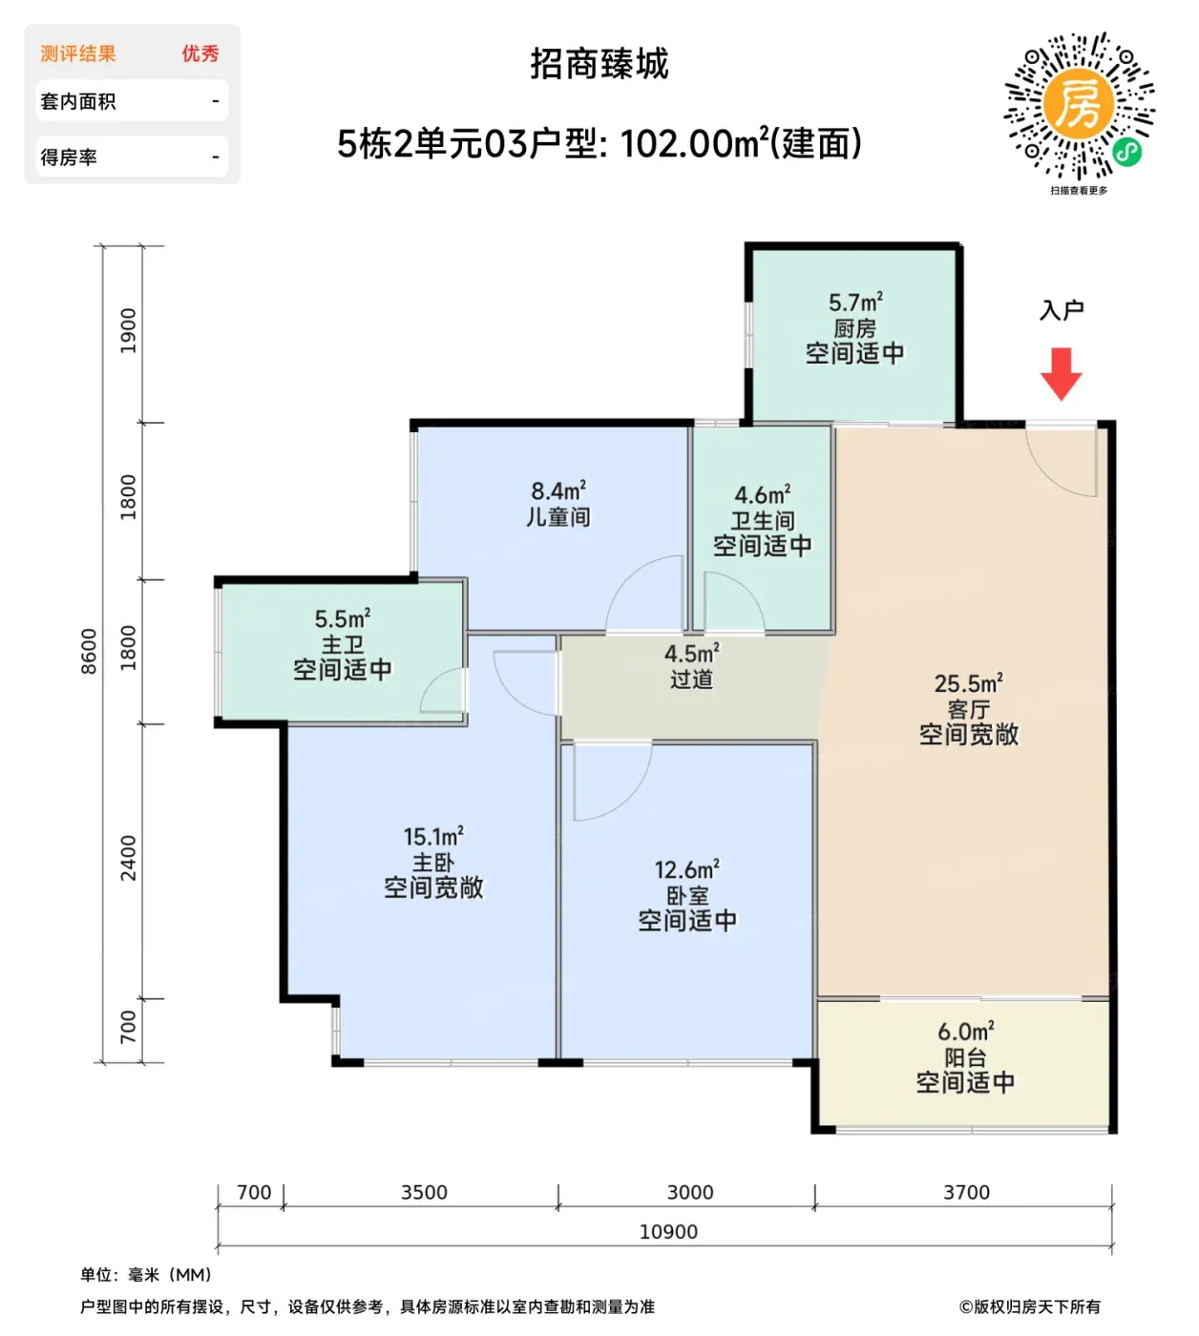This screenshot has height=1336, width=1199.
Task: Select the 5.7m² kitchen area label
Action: point(855,303)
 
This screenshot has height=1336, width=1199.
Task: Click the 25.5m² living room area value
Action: point(968,683)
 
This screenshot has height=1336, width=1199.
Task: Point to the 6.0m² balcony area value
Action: point(965,1032)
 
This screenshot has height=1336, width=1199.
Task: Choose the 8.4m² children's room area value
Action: point(558,491)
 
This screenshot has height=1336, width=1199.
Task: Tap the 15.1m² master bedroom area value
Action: point(432,837)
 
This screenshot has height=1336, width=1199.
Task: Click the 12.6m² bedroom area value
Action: point(686,869)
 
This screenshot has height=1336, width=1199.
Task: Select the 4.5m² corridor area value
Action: point(691,654)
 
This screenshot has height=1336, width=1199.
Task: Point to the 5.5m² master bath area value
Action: point(342,618)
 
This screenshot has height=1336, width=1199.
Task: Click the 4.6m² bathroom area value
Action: point(762,494)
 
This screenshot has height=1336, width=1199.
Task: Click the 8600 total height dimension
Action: point(89,652)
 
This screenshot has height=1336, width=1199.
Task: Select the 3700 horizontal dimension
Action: point(966,1192)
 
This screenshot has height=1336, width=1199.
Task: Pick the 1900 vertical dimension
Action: point(128,331)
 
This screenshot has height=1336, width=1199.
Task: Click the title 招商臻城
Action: point(599,64)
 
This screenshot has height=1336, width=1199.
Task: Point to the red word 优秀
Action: point(200,53)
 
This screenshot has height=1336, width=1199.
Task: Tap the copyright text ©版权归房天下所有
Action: point(1030,1306)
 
